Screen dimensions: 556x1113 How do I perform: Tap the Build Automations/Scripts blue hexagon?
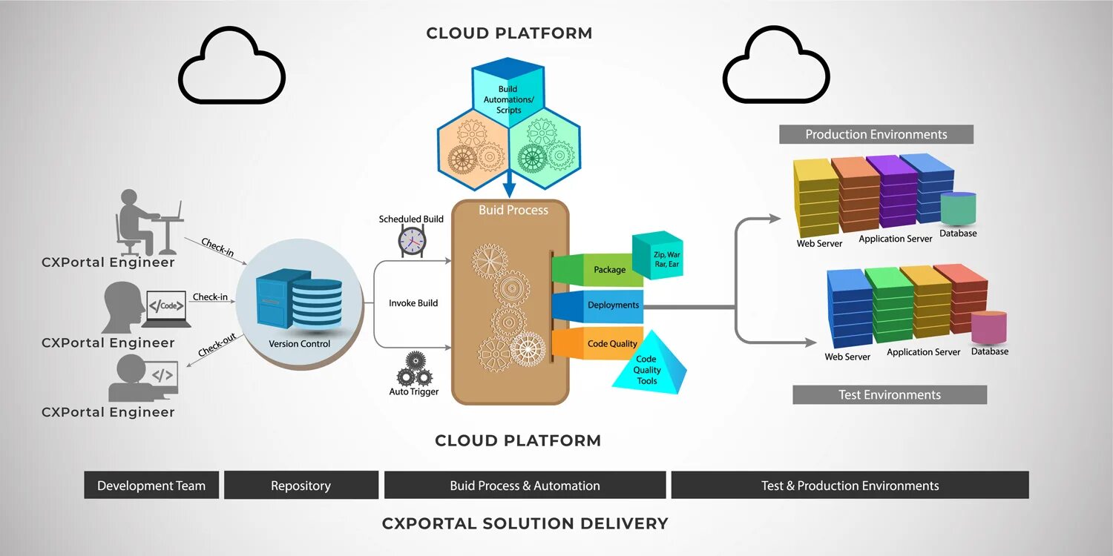pos(508,93)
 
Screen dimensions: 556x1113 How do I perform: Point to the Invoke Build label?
pos(413,303)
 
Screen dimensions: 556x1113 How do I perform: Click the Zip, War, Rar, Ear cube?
pos(658,256)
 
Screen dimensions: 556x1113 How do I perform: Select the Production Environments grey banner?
pos(876,134)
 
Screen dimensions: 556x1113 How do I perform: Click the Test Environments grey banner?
pos(889,394)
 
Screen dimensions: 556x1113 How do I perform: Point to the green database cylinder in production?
pos(958,208)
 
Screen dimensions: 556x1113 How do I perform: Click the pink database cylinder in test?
pos(989,327)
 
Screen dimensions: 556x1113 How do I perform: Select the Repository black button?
pos(301,486)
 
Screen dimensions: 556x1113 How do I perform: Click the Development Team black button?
pos(151,486)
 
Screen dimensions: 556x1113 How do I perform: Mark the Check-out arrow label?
pos(217,345)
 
